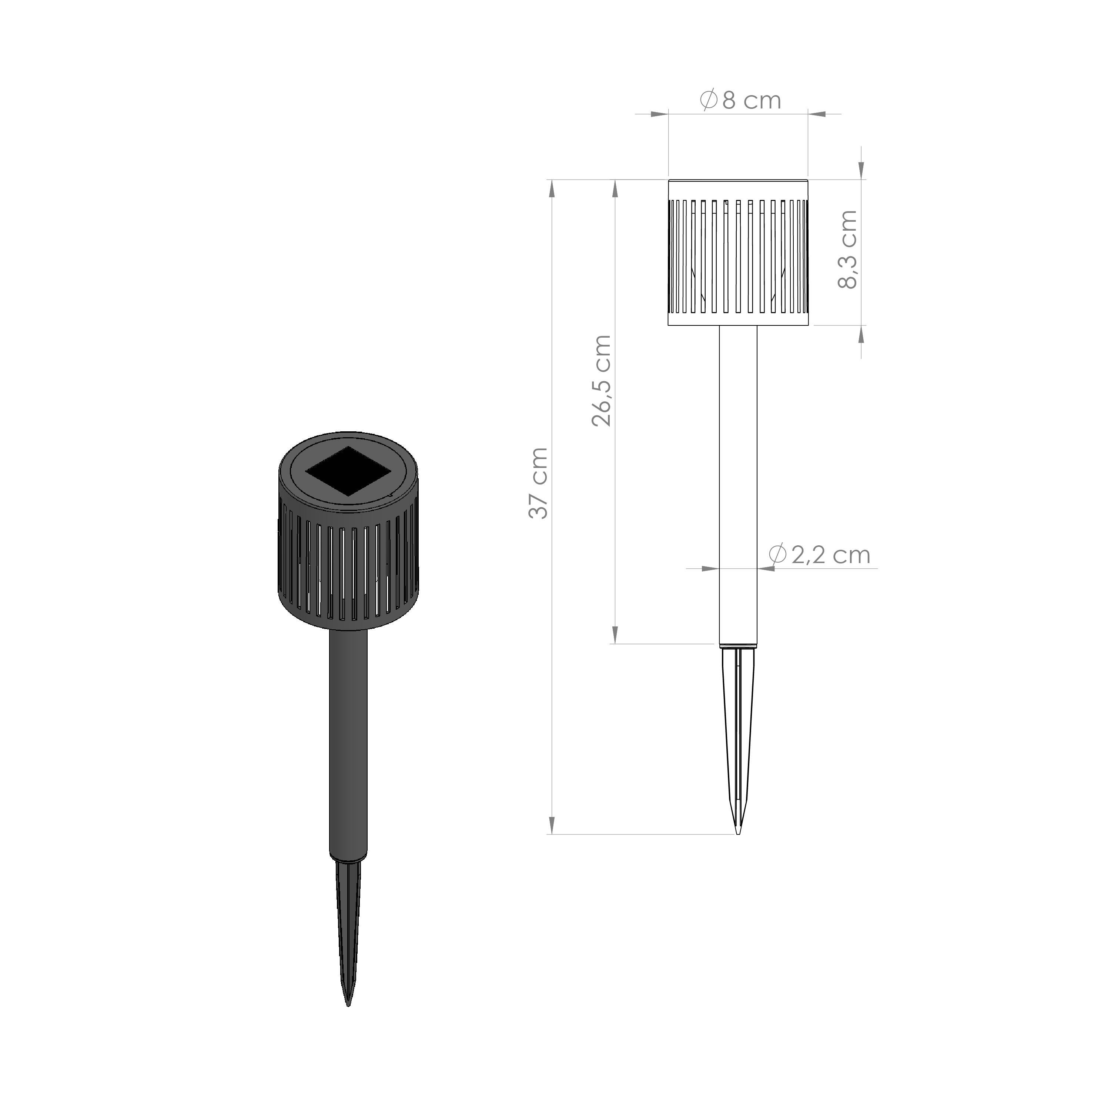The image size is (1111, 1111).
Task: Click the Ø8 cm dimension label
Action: [x=741, y=101]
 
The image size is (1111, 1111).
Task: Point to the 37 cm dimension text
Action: [x=539, y=483]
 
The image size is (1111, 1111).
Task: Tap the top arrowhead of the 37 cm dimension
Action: [x=552, y=187]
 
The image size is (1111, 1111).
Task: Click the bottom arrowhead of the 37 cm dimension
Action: [x=552, y=826]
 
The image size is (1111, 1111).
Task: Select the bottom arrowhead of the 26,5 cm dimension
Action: [x=615, y=635]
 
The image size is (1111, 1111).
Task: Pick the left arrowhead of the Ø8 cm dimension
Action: [x=660, y=114]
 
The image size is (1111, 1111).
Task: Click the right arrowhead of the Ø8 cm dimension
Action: [x=817, y=114]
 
